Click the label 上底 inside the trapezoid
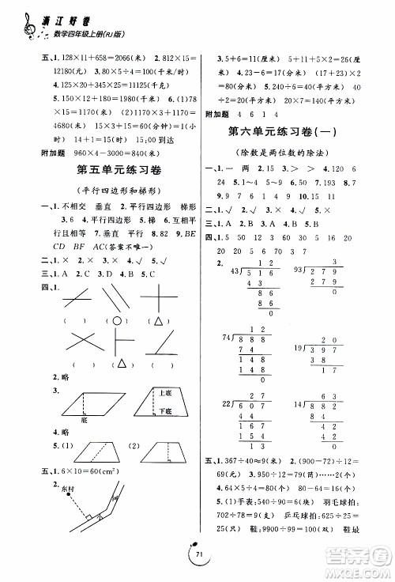tap(164, 393)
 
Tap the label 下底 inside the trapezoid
tap(164, 410)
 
